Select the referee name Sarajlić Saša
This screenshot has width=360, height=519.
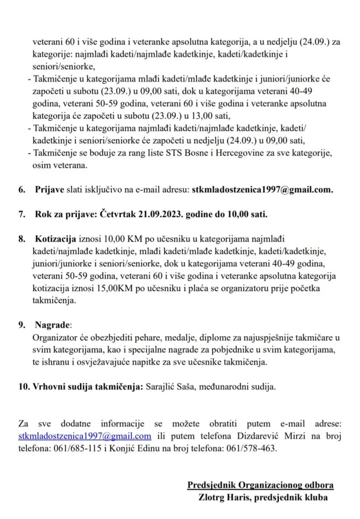click(x=170, y=387)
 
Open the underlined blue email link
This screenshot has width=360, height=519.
click(x=85, y=436)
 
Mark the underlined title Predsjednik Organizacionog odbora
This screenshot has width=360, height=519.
click(x=260, y=485)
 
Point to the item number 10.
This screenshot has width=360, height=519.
click(x=23, y=387)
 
